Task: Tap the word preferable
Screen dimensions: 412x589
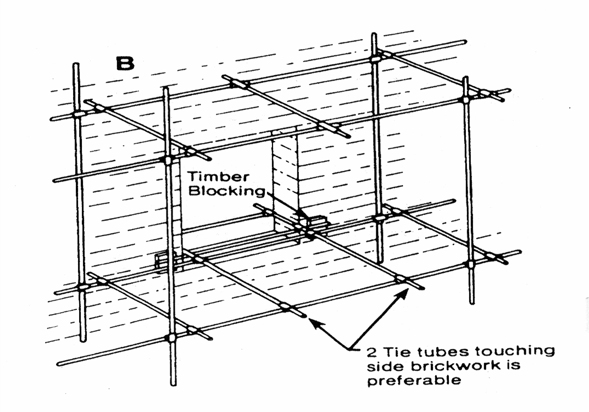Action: [414, 381]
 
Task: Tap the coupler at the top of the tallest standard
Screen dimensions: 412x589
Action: [375, 57]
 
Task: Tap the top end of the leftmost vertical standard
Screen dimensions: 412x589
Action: [76, 65]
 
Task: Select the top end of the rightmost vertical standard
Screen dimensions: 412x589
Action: [465, 79]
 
